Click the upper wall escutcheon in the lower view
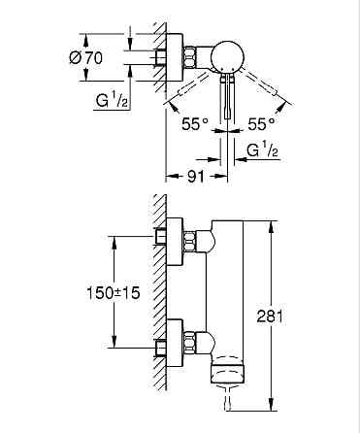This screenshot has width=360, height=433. click(x=176, y=240)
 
